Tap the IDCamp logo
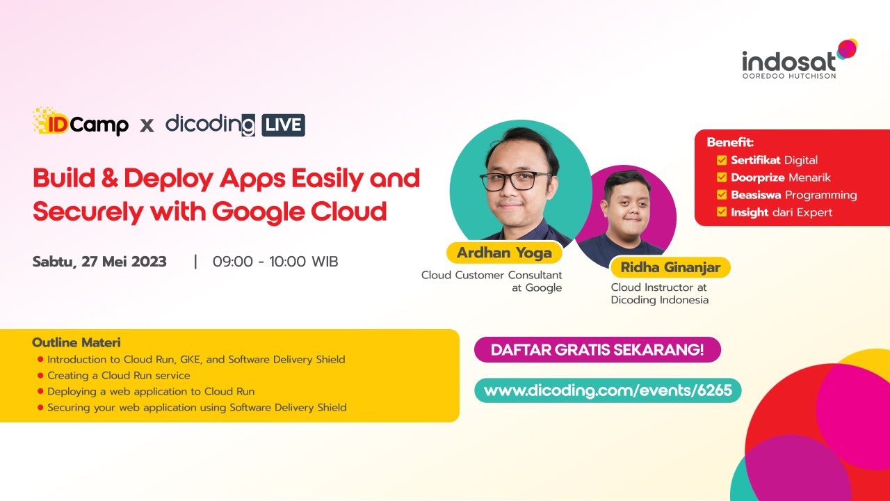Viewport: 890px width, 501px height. coord(80,122)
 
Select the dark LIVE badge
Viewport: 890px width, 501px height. coord(283,125)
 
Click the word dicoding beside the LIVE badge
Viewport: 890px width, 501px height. coord(210,125)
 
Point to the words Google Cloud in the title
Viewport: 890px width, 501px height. coord(299,209)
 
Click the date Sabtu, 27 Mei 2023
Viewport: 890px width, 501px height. coord(99,262)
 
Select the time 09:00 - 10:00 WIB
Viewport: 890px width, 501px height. coord(275,262)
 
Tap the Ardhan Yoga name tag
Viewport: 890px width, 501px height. coord(504,253)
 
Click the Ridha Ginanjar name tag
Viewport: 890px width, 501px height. coord(670,267)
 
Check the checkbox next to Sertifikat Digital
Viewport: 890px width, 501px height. coord(722,160)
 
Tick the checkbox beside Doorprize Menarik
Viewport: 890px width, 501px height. coord(722,177)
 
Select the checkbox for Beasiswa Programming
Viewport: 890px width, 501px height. coord(722,195)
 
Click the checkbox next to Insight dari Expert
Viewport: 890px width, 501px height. coord(722,212)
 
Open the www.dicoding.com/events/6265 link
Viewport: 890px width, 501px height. coord(608,390)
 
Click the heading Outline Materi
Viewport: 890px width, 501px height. coord(76,342)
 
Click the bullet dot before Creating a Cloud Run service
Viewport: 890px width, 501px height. coord(40,376)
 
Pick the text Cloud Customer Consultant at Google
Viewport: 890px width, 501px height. coord(492,281)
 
